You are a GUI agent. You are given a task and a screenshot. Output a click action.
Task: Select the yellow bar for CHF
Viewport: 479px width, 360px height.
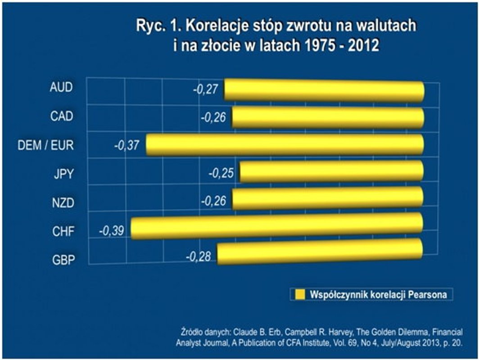click(277, 227)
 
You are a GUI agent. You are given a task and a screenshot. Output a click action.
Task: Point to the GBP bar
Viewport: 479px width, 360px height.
click(320, 253)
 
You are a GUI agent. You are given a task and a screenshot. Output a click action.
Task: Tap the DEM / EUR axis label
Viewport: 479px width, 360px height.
click(46, 145)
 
